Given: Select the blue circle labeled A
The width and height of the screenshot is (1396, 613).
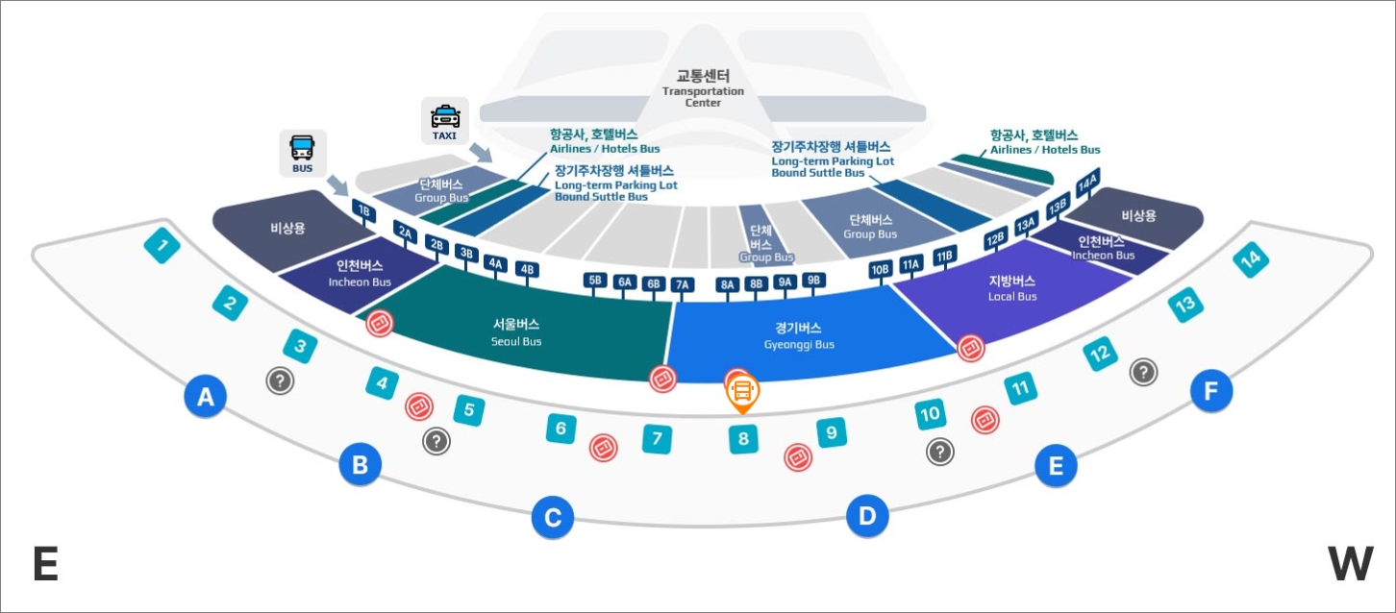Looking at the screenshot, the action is tap(205, 396).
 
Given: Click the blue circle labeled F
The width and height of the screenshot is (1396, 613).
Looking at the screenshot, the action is tap(1210, 390).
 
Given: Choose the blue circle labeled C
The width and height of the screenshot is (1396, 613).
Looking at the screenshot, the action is tap(553, 519).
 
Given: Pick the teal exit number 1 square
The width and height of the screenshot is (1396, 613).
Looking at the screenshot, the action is tap(162, 247).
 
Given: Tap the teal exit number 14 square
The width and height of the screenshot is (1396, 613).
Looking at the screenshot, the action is tap(1251, 259).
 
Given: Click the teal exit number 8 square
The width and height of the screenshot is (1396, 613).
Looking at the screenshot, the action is tap(743, 440).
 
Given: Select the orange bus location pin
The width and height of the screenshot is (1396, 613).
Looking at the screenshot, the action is tap(742, 391).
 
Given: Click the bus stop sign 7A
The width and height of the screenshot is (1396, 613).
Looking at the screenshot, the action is tap(683, 284).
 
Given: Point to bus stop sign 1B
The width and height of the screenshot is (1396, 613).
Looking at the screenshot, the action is tap(362, 210).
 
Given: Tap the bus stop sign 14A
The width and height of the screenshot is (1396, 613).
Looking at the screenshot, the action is tap(1087, 184).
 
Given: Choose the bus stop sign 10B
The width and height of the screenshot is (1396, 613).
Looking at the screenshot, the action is tap(880, 270).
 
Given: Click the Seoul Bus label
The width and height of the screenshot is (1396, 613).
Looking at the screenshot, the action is tap(516, 331).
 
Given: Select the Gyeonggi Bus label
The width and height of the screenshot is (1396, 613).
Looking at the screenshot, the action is tap(798, 334).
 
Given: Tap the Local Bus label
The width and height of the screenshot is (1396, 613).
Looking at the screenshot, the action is tap(1011, 287).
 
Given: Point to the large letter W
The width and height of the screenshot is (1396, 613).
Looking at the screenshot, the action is tap(1350, 564).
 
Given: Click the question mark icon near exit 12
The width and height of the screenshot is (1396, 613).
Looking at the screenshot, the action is tap(1143, 372).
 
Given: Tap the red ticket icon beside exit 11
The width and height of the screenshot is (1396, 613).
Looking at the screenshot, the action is tap(985, 419).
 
